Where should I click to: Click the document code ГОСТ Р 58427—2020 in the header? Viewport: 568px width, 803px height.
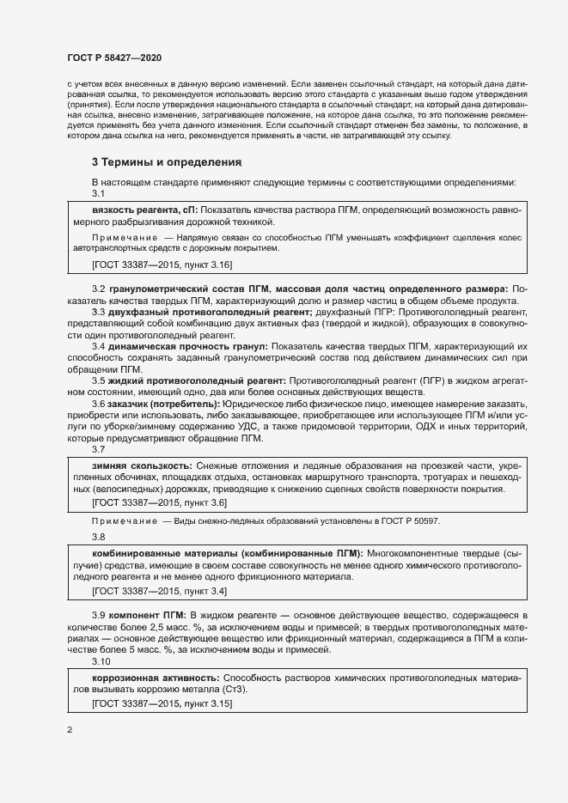point(114,57)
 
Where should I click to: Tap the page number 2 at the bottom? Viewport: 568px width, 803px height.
point(70,730)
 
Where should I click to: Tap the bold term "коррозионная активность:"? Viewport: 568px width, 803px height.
point(154,678)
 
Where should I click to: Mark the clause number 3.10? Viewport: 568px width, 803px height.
point(101,662)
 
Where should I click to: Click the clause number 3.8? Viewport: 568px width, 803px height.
point(99,537)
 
